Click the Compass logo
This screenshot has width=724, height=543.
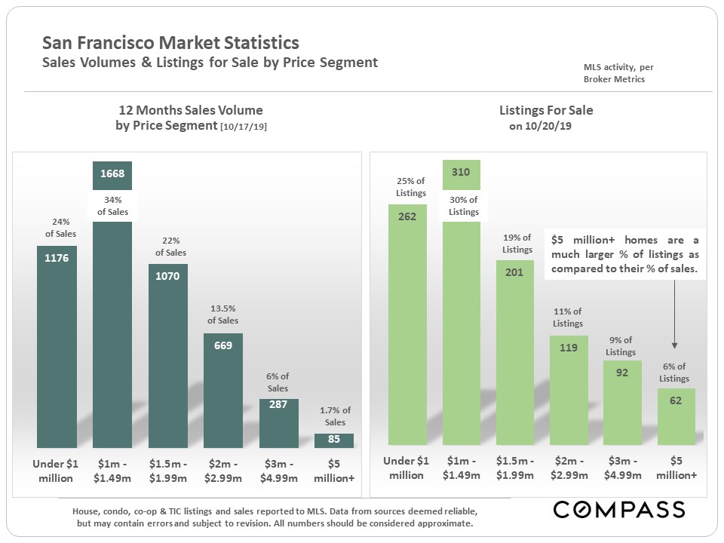coord(619,509)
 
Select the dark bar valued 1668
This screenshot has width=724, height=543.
coord(112,317)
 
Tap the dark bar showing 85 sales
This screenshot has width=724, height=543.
coord(334,440)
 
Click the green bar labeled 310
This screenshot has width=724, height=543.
coord(461,317)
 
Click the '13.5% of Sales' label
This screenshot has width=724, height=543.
coord(222,314)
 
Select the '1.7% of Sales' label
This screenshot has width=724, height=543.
coord(335,416)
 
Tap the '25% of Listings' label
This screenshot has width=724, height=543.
coord(410,187)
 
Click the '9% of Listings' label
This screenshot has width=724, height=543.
coord(621,346)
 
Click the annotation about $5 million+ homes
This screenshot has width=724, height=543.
coord(624,254)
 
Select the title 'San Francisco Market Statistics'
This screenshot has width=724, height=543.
coord(170,43)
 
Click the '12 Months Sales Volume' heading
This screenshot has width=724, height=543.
coord(189,110)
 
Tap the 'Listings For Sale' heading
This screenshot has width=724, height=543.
coord(546,110)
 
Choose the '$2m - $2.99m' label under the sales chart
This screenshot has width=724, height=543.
coord(223,468)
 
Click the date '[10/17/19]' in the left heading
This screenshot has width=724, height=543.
coord(243,127)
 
